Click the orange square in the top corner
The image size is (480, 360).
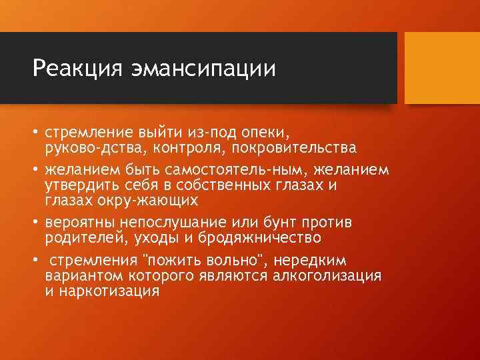coord(443,67)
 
